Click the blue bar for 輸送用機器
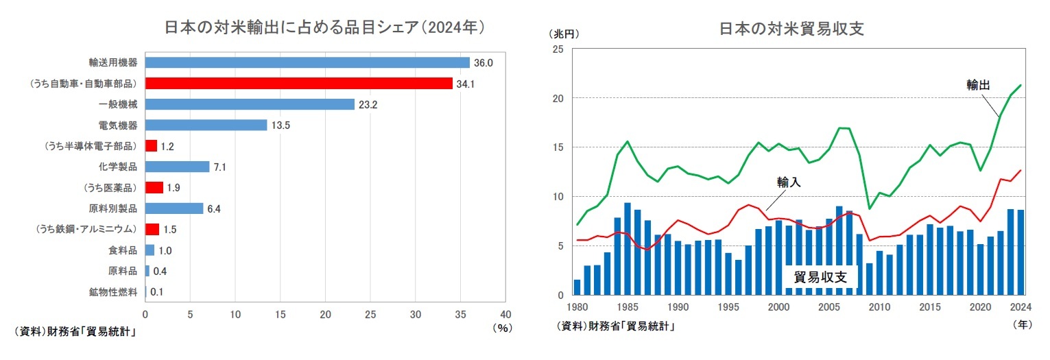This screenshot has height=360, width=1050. [x=307, y=62]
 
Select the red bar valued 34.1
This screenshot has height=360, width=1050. [x=298, y=84]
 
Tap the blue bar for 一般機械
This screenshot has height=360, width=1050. [x=250, y=104]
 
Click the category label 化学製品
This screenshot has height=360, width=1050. [x=118, y=167]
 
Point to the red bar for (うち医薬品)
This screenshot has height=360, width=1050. [x=154, y=188]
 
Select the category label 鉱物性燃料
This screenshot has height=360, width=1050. [x=113, y=292]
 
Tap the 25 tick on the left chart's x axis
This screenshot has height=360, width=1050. [x=370, y=314]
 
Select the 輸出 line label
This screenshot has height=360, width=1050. [x=978, y=85]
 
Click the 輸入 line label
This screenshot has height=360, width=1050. [x=789, y=182]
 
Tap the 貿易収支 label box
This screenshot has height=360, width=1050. [x=820, y=277]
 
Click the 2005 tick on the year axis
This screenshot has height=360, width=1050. [x=828, y=307]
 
